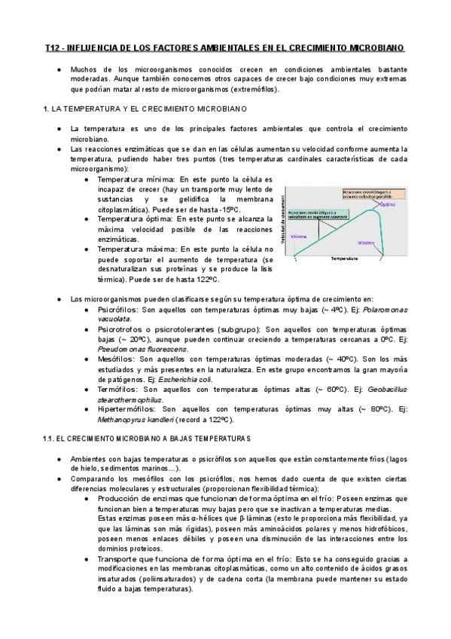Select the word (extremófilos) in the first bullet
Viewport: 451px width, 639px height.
(245, 89)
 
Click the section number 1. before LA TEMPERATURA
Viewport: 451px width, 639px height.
(48, 109)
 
